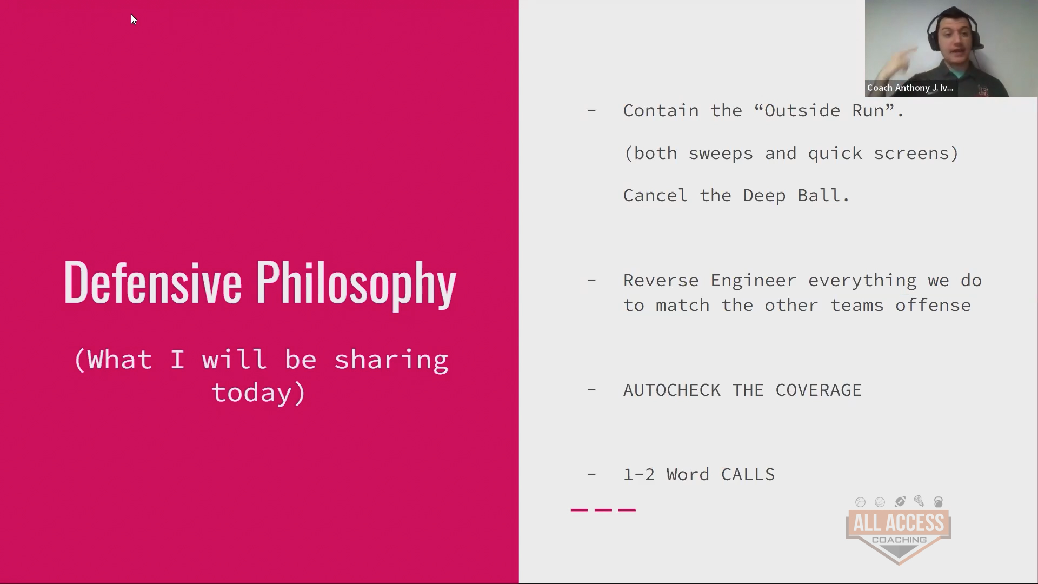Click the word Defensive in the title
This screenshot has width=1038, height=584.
152,282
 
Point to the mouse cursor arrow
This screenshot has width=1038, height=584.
134,19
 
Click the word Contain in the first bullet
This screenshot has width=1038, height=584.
661,110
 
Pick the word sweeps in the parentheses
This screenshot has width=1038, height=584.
721,154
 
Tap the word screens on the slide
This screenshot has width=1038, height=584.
911,154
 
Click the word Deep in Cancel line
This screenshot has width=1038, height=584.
764,196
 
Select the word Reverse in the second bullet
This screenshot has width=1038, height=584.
661,281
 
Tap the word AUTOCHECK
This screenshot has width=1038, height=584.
672,390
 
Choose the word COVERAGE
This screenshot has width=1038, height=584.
819,390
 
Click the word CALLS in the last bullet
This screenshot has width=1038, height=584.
748,475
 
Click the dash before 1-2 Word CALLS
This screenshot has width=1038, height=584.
591,474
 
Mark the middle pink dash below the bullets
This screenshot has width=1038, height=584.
603,509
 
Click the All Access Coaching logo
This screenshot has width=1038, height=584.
899,530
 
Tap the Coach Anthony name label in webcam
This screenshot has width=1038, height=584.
910,88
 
